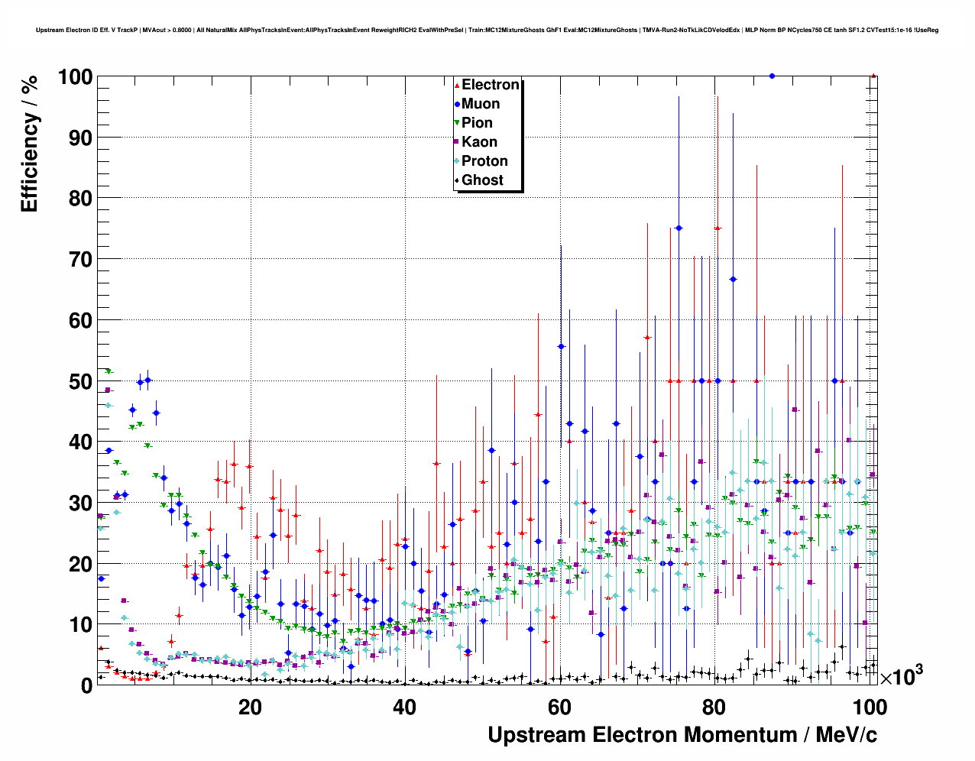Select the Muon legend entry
click(480, 104)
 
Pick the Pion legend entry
click(477, 123)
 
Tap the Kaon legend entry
click(479, 142)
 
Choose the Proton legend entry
click(484, 161)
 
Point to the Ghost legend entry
click(482, 180)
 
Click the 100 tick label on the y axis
click(74, 77)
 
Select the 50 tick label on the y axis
click(80, 381)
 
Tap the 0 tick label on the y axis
click(86, 685)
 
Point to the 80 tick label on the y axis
click(80, 199)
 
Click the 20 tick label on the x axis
click(250, 707)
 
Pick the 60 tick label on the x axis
click(559, 707)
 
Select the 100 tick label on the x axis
click(869, 707)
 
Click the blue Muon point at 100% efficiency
click(772, 76)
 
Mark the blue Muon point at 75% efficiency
click(679, 228)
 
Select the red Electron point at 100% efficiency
click(873, 76)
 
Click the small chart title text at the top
click(487, 31)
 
